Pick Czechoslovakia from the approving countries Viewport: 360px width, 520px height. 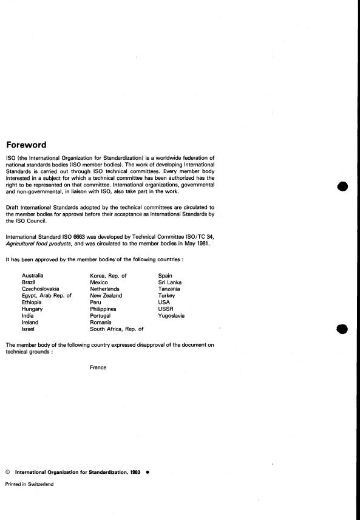pos(41,289)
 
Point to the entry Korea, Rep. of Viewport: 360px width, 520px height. pos(108,276)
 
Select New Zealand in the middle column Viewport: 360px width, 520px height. pos(106,296)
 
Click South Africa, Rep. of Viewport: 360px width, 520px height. pos(117,329)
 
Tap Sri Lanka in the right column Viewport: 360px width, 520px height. pos(169,282)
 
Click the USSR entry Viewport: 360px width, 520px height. pos(165,309)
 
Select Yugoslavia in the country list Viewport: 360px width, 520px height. pos(171,316)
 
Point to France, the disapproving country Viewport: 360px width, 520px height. pos(98,368)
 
